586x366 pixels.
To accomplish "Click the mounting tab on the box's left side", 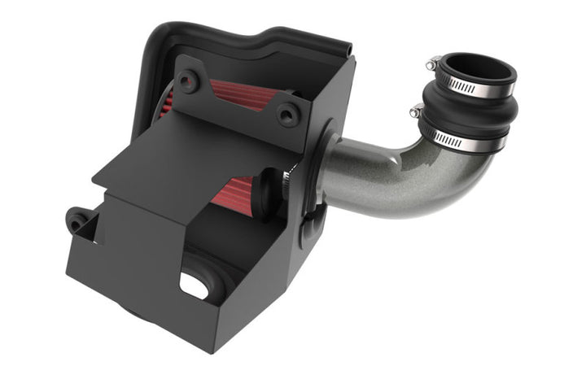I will coord(79,218).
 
